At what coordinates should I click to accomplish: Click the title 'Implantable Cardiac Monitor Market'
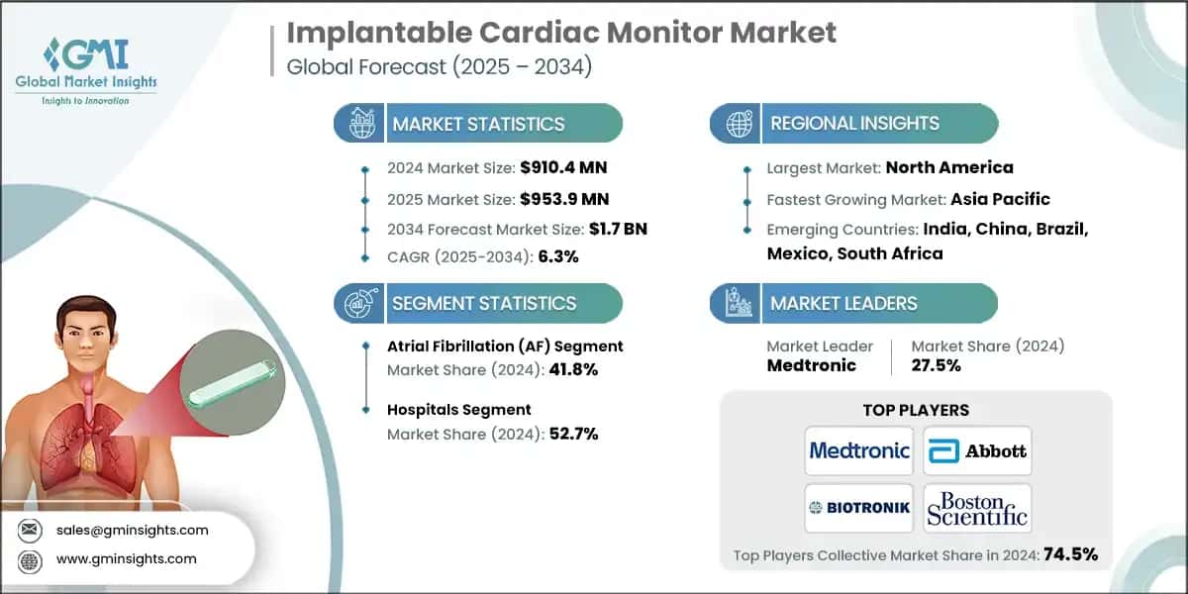pyautogui.click(x=560, y=32)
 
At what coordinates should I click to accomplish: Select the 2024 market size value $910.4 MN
pyautogui.click(x=554, y=167)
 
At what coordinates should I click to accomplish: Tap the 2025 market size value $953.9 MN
pyautogui.click(x=554, y=198)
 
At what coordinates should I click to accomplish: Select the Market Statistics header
pyautogui.click(x=477, y=124)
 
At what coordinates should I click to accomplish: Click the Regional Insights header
pyautogui.click(x=853, y=124)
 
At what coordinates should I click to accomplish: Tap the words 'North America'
pyautogui.click(x=948, y=167)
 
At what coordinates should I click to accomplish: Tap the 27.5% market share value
pyautogui.click(x=936, y=365)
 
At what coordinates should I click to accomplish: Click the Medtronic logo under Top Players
pyautogui.click(x=858, y=450)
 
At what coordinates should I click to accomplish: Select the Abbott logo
pyautogui.click(x=977, y=450)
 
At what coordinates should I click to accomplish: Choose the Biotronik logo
pyautogui.click(x=858, y=508)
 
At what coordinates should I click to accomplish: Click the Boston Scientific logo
pyautogui.click(x=977, y=508)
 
